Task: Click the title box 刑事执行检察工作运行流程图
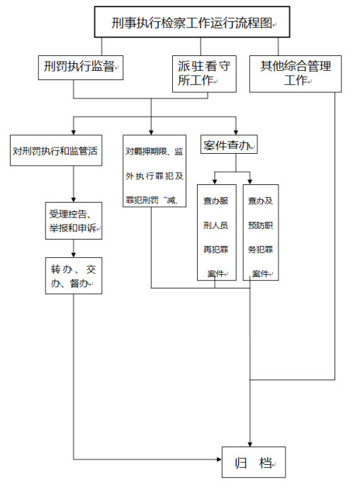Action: pyautogui.click(x=192, y=22)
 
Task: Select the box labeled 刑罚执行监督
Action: pyautogui.click(x=81, y=67)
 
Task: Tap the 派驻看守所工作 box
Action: pyautogui.click(x=204, y=74)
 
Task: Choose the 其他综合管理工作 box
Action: pyautogui.click(x=295, y=74)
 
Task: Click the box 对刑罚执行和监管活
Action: pyautogui.click(x=56, y=150)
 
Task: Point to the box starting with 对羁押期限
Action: pyautogui.click(x=154, y=171)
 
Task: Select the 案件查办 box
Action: pyautogui.click(x=229, y=145)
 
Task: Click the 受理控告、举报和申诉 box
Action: pyautogui.click(x=74, y=220)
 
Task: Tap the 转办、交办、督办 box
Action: pyautogui.click(x=74, y=276)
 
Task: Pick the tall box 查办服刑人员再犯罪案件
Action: pyautogui.click(x=216, y=232)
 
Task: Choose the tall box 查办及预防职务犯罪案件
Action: pyautogui.click(x=261, y=232)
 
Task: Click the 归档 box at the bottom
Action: pyautogui.click(x=254, y=462)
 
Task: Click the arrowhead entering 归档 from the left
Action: pyautogui.click(x=220, y=459)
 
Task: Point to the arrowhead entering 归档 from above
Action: pyautogui.click(x=250, y=444)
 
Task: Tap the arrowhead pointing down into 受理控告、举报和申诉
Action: pyautogui.click(x=74, y=200)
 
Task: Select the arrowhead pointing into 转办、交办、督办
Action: pyautogui.click(x=74, y=255)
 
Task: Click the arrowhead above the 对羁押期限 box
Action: pyautogui.click(x=151, y=133)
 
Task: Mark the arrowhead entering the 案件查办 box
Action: pyautogui.click(x=236, y=133)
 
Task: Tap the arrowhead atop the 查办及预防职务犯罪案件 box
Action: pyautogui.click(x=250, y=182)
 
